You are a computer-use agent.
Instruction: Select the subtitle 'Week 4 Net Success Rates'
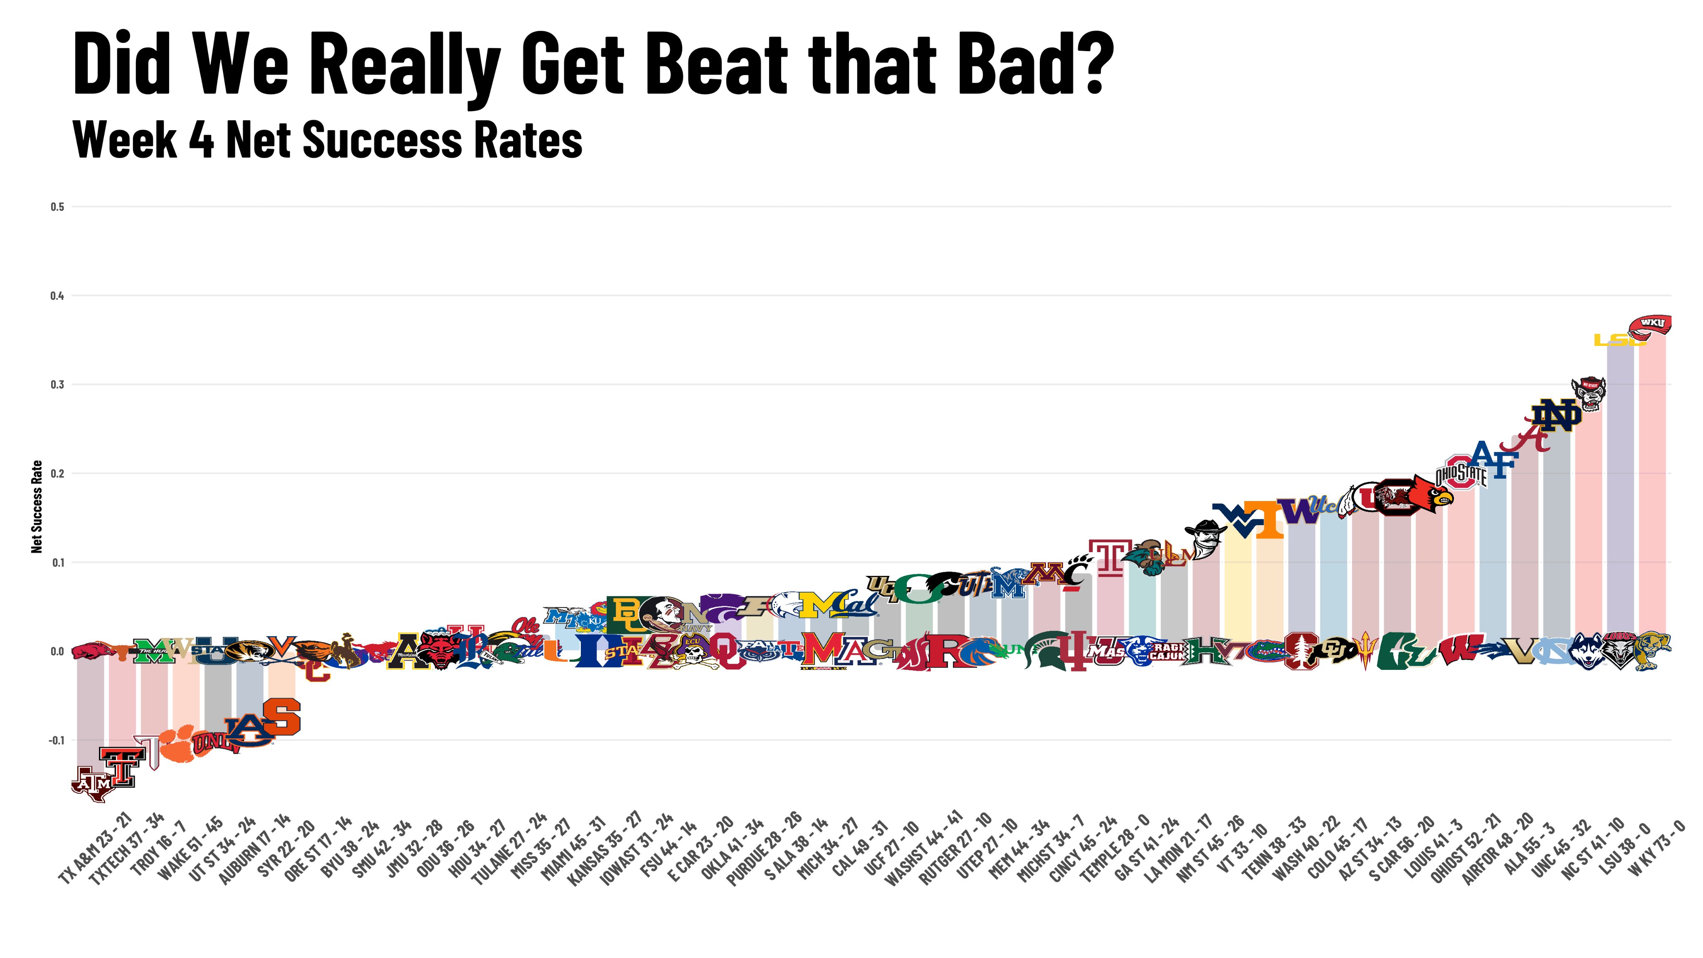pos(327,140)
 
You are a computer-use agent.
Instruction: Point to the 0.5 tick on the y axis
pos(57,207)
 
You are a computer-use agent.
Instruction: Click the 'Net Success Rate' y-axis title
pos(37,506)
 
